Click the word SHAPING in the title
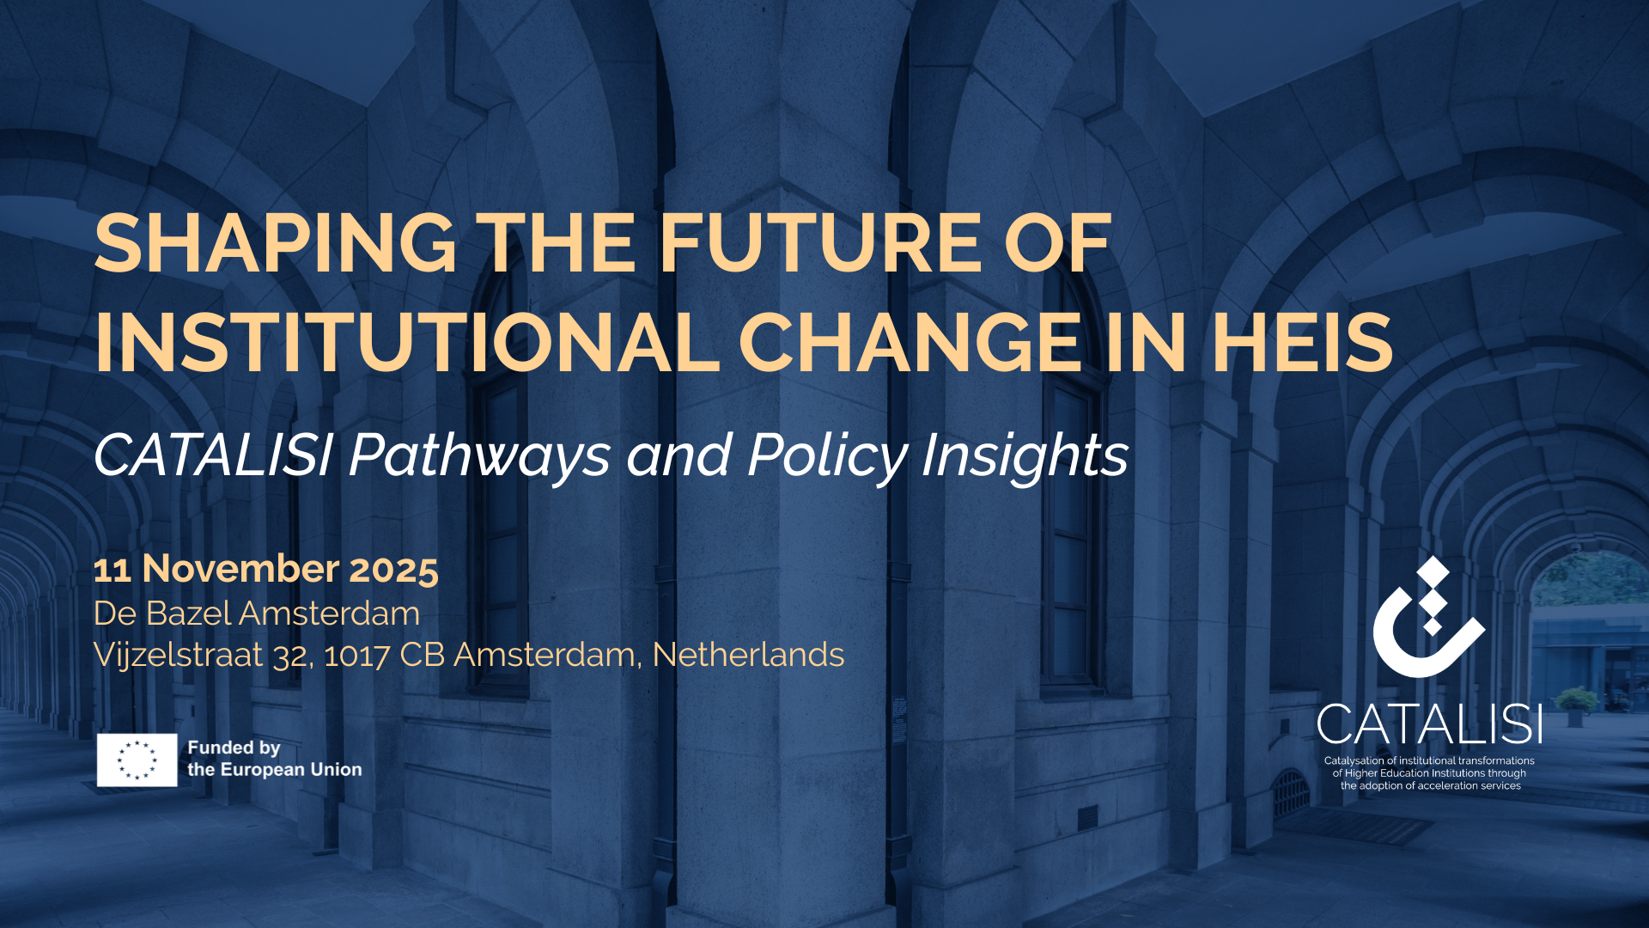pyautogui.click(x=275, y=243)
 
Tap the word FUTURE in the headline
pyautogui.click(x=820, y=243)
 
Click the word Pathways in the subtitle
pyautogui.click(x=480, y=455)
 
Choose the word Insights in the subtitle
pyautogui.click(x=1025, y=455)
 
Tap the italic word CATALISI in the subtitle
pyautogui.click(x=213, y=455)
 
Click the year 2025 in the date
pyautogui.click(x=394, y=570)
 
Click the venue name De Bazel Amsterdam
pyautogui.click(x=257, y=614)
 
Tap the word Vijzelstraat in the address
pyautogui.click(x=178, y=655)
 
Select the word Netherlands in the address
pyautogui.click(x=748, y=655)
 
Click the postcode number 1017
pyautogui.click(x=357, y=656)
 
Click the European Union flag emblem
pyautogui.click(x=137, y=760)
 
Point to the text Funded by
pyautogui.click(x=234, y=748)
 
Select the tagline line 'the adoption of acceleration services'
pyautogui.click(x=1431, y=785)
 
